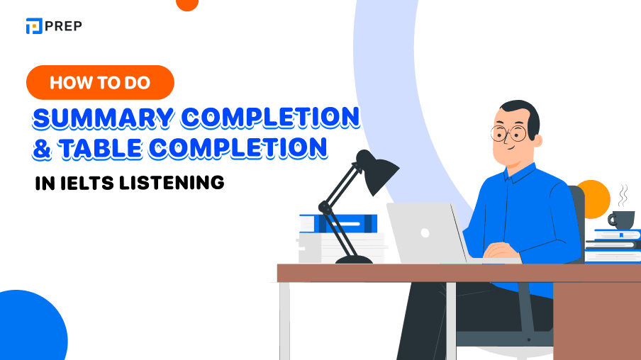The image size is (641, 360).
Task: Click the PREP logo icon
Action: pyautogui.click(x=33, y=26)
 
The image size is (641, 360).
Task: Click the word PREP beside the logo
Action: pyautogui.click(x=63, y=26)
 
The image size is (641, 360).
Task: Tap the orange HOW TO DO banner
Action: pyautogui.click(x=100, y=82)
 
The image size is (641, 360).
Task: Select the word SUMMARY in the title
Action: pyautogui.click(x=99, y=118)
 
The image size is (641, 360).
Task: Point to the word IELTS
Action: pyautogui.click(x=89, y=182)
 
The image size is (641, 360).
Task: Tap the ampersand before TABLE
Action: pyautogui.click(x=41, y=147)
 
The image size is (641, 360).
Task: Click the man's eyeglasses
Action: pyautogui.click(x=509, y=133)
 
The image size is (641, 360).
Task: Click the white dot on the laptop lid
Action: pyautogui.click(x=425, y=232)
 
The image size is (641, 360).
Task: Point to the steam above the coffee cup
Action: pyautogui.click(x=623, y=193)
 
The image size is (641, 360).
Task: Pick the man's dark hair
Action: pyautogui.click(x=521, y=111)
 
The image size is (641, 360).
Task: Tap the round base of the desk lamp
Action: pyautogui.click(x=355, y=259)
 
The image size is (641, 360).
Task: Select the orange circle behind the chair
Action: pyautogui.click(x=594, y=196)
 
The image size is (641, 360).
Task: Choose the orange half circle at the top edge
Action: pyautogui.click(x=186, y=4)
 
